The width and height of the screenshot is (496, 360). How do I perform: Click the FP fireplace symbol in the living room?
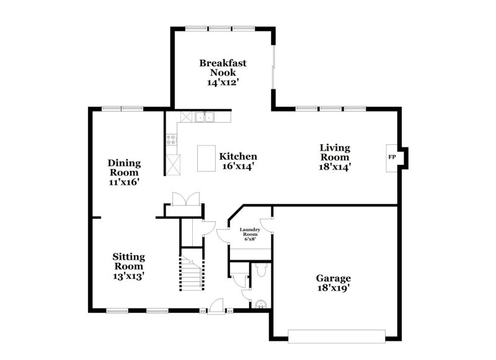coord(392,157)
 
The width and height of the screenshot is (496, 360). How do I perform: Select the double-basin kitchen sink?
coord(203,116)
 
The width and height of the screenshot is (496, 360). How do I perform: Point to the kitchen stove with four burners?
coord(172,140)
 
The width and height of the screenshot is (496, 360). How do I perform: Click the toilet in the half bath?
coord(260,270)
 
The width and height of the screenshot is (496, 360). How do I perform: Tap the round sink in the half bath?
coord(262,304)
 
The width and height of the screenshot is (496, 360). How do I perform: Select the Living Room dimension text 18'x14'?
coord(335,166)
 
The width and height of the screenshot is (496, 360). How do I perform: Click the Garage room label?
coord(334,278)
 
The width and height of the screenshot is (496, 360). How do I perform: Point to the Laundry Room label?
coord(250,232)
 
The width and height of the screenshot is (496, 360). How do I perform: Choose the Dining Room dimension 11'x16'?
coord(125,182)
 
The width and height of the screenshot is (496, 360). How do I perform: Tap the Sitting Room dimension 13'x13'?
coord(128,276)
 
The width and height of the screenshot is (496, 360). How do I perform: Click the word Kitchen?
coord(238,157)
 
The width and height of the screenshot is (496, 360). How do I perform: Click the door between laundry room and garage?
coord(267,224)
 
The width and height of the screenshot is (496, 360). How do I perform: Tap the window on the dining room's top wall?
coord(122,108)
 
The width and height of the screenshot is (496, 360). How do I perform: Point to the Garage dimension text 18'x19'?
coord(334,288)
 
